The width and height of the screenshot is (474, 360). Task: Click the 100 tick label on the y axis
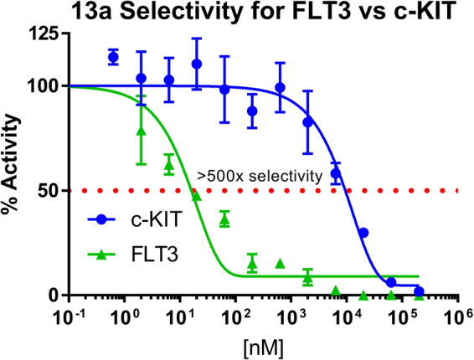(46, 86)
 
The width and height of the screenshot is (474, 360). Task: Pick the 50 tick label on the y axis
(51, 191)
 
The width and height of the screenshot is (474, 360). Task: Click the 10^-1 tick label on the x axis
(71, 317)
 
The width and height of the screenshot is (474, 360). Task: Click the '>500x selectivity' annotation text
(260, 176)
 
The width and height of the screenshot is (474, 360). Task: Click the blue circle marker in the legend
(101, 219)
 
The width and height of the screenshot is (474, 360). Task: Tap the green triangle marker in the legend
(101, 250)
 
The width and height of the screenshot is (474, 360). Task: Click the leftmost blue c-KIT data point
(113, 57)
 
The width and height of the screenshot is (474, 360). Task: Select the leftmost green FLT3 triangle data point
(142, 131)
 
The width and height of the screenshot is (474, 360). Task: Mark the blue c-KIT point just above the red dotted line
(336, 173)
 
